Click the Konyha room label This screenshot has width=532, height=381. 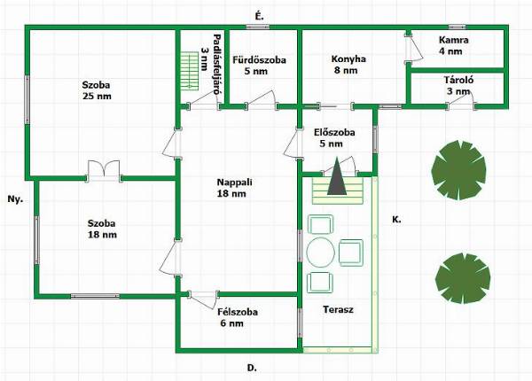coord(348,59)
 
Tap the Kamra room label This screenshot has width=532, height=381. coord(454,40)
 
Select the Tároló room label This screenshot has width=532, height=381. coord(458,81)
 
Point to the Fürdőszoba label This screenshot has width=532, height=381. coord(259,60)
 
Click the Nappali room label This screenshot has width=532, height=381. coord(234,183)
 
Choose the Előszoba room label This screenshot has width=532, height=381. coord(334,133)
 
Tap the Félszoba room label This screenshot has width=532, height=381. coord(238,312)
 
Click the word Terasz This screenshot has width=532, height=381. coord(339,309)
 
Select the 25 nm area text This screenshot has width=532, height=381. coord(97,97)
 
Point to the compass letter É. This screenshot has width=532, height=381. coord(259,16)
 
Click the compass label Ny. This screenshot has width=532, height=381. coord(15,199)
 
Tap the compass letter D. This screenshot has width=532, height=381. coord(252,368)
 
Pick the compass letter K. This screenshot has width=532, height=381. coord(396,220)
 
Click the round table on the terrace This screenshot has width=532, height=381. coord(321,253)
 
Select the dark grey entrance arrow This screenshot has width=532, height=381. coord(337,176)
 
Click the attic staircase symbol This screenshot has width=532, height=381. coord(190,71)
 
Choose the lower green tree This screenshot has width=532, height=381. coord(463,278)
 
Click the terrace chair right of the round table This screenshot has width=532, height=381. coord(351,253)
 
